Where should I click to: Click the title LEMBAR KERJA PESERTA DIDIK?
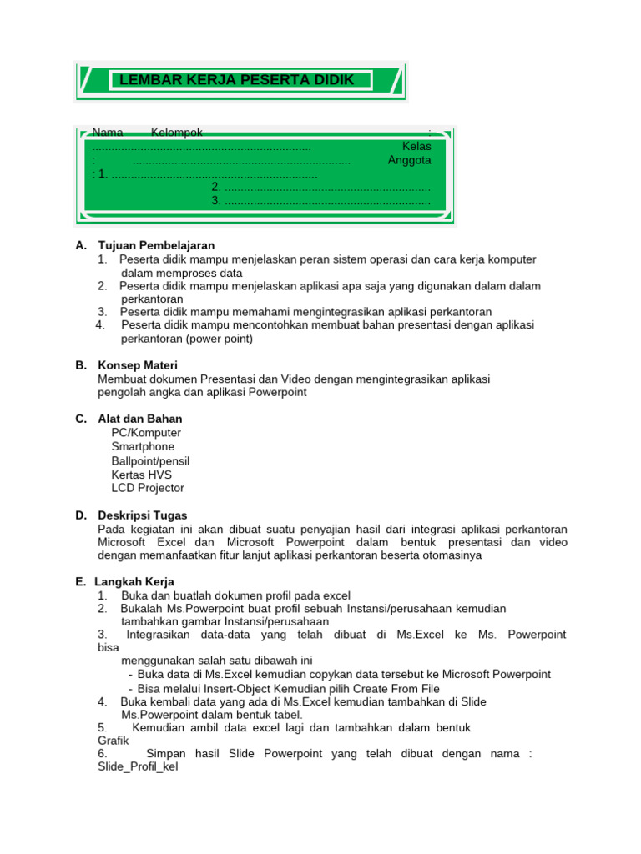tap(237, 80)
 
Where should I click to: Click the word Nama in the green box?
tap(108, 133)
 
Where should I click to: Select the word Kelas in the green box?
tap(416, 146)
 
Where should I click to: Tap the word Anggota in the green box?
tap(409, 160)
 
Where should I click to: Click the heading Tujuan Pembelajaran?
tap(156, 245)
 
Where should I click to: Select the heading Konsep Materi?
tap(138, 365)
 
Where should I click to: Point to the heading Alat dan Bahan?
tap(140, 419)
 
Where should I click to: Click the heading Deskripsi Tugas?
tap(143, 515)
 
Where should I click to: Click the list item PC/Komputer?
tap(146, 433)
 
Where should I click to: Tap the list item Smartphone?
tap(143, 447)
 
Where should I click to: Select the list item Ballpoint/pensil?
tap(150, 461)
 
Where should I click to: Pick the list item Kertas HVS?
tap(141, 475)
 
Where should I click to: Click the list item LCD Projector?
tap(148, 488)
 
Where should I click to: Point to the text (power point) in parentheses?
tap(220, 339)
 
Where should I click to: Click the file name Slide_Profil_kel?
tap(138, 766)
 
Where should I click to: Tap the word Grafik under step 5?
tap(114, 740)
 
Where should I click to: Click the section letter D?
tap(80, 515)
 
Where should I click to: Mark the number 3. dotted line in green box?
tap(321, 200)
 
